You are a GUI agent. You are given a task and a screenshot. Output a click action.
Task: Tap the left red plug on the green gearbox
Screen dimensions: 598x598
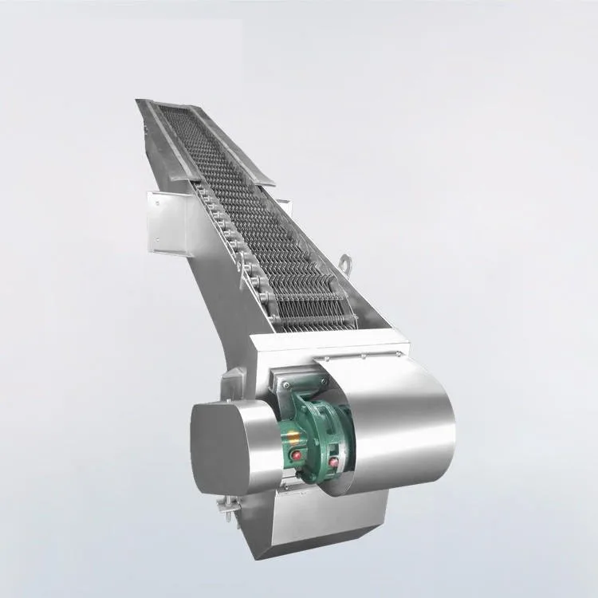click(x=297, y=454)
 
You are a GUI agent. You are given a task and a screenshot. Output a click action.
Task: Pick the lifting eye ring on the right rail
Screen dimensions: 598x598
click(x=345, y=262)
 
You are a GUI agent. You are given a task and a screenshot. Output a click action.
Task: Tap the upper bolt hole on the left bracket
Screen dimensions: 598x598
click(x=157, y=204)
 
